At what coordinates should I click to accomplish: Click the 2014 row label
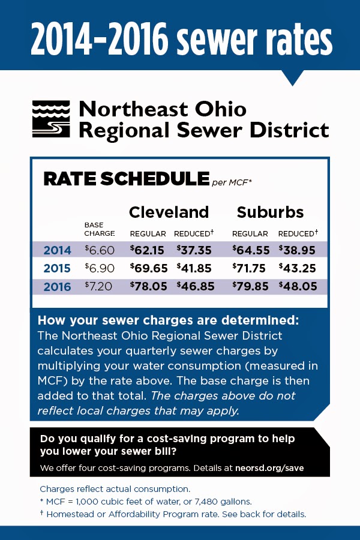[57, 250]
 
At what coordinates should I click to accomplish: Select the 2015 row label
[57, 268]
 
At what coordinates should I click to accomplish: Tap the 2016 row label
[57, 287]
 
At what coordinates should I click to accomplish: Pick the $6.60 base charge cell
[100, 250]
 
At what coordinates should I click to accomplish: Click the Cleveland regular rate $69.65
[149, 268]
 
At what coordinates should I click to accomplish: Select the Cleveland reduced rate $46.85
[194, 286]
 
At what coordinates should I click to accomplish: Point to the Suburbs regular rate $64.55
[251, 250]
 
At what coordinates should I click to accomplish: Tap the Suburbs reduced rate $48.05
[298, 286]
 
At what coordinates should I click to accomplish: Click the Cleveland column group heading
[169, 212]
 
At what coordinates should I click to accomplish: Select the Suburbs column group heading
[270, 212]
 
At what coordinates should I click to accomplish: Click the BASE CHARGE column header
[99, 229]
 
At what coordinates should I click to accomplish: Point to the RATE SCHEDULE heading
[125, 179]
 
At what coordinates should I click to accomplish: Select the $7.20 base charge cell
[100, 286]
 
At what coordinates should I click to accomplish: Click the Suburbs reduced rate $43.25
[298, 268]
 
